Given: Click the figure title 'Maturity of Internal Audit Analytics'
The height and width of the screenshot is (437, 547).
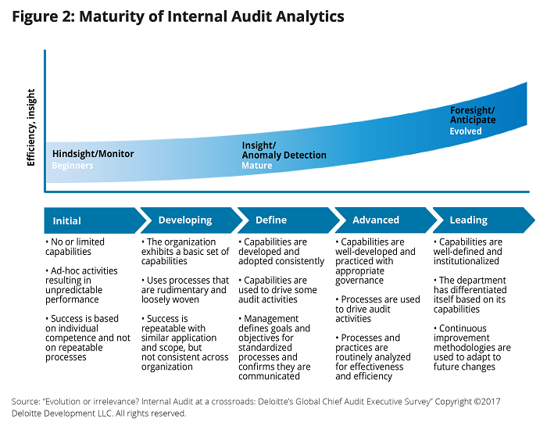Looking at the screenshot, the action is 212,16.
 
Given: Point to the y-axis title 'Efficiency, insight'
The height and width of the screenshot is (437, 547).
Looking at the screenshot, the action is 31,127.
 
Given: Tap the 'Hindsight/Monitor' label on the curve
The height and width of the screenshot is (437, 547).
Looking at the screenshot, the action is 93,154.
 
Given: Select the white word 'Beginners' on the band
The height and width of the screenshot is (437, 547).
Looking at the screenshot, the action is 73,166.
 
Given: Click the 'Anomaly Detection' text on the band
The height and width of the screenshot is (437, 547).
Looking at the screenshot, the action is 284,155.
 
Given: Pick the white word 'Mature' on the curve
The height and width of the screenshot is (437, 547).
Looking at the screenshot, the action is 257,166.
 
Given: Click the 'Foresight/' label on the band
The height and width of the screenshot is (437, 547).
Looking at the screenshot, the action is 472,110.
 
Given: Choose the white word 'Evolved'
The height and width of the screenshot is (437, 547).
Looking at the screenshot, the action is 466,131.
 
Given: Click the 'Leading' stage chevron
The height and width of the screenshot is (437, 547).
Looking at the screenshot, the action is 484,220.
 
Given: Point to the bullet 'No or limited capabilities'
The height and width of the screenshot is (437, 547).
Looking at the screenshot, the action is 75,247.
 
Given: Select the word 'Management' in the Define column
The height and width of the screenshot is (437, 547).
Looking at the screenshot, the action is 271,319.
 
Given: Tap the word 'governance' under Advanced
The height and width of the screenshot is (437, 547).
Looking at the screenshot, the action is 359,281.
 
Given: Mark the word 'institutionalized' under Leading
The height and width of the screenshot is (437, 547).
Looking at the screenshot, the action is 466,261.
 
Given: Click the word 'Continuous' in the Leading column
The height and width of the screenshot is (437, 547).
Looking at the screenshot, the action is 463,328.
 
